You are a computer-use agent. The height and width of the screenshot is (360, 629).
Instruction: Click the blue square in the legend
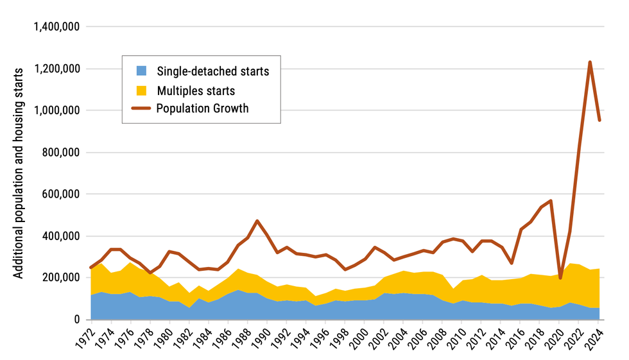[x=142, y=71]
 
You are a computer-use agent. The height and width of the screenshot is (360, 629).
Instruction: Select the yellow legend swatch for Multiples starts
[x=142, y=90]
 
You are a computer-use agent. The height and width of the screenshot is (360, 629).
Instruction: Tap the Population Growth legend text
[x=202, y=108]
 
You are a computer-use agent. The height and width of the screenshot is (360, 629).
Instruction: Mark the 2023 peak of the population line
[x=590, y=62]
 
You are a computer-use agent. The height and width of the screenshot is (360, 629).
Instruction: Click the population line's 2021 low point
[x=560, y=277]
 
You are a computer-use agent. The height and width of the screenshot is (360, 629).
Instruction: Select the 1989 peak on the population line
[x=257, y=221]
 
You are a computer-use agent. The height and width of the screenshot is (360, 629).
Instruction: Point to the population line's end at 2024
[x=599, y=120]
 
